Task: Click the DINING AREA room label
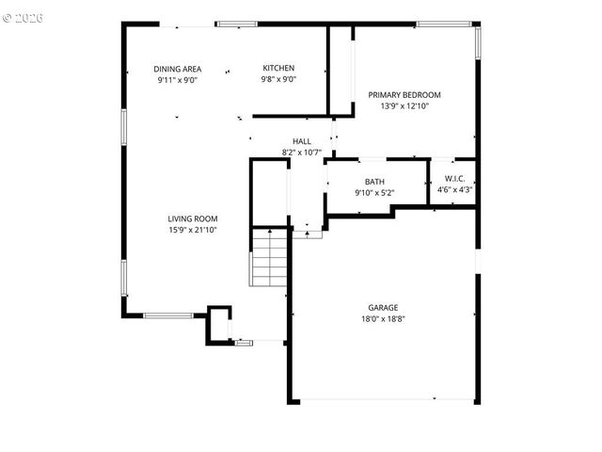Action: coord(178,69)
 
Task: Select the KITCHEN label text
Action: coord(278,68)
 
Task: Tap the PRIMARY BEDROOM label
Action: coord(404,95)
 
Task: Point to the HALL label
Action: coord(301,141)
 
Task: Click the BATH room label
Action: coord(374,182)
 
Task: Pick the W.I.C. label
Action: coord(455,178)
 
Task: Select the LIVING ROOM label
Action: coord(193,218)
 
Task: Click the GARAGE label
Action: coord(383,308)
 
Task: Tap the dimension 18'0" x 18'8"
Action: coord(383,319)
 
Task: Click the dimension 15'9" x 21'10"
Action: coord(193,230)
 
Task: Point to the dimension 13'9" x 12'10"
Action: coord(404,106)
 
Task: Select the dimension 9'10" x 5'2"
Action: coord(374,193)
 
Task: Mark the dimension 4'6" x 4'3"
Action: coord(455,189)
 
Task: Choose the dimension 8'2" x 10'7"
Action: coord(301,153)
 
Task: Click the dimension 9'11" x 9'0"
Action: coord(178,80)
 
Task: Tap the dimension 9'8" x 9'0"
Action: coord(278,79)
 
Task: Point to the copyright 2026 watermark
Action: coord(23,18)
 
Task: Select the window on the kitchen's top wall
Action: coord(236,24)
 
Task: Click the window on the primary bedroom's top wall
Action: coord(444,24)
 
